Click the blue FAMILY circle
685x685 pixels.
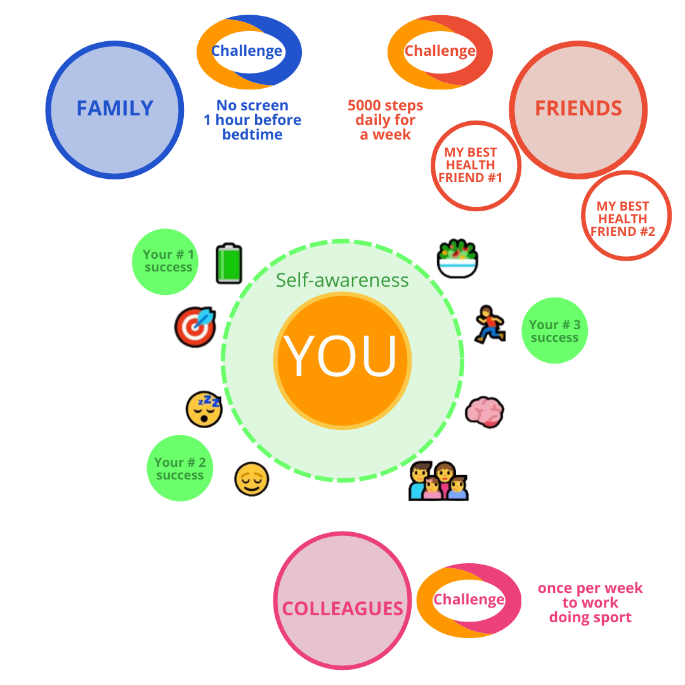(x=115, y=109)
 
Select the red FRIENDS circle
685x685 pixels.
(x=578, y=109)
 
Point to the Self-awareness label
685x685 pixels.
(x=342, y=280)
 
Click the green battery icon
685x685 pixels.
(x=229, y=263)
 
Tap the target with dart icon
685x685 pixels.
(x=195, y=327)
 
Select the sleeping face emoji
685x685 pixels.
(x=204, y=408)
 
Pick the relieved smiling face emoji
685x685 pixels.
(x=251, y=479)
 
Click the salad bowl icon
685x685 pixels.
(x=457, y=258)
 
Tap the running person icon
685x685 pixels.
(x=490, y=324)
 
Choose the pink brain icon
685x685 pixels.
(x=485, y=411)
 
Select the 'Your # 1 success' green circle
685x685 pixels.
(x=166, y=261)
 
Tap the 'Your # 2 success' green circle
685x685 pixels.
(x=180, y=468)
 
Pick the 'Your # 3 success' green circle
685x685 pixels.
(x=555, y=330)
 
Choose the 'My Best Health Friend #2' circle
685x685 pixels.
(x=626, y=216)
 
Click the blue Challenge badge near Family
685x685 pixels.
(x=249, y=51)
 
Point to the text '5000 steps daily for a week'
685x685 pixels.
(x=386, y=120)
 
